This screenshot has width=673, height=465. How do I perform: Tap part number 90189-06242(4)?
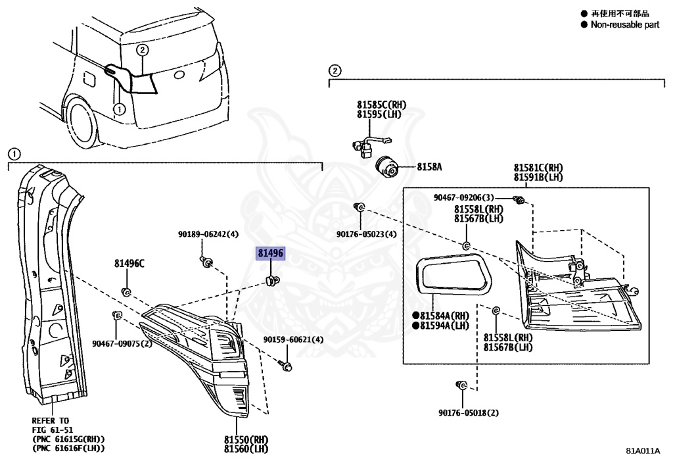click(x=208, y=233)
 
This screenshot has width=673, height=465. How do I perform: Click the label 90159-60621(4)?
click(x=293, y=339)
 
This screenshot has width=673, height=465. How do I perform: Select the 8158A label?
click(x=429, y=167)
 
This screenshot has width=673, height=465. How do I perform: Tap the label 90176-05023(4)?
click(x=366, y=233)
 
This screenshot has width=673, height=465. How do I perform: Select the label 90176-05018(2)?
click(x=469, y=413)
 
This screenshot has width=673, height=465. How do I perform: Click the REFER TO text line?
click(x=50, y=420)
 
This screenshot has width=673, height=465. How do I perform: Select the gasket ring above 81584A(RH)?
click(x=453, y=273)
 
